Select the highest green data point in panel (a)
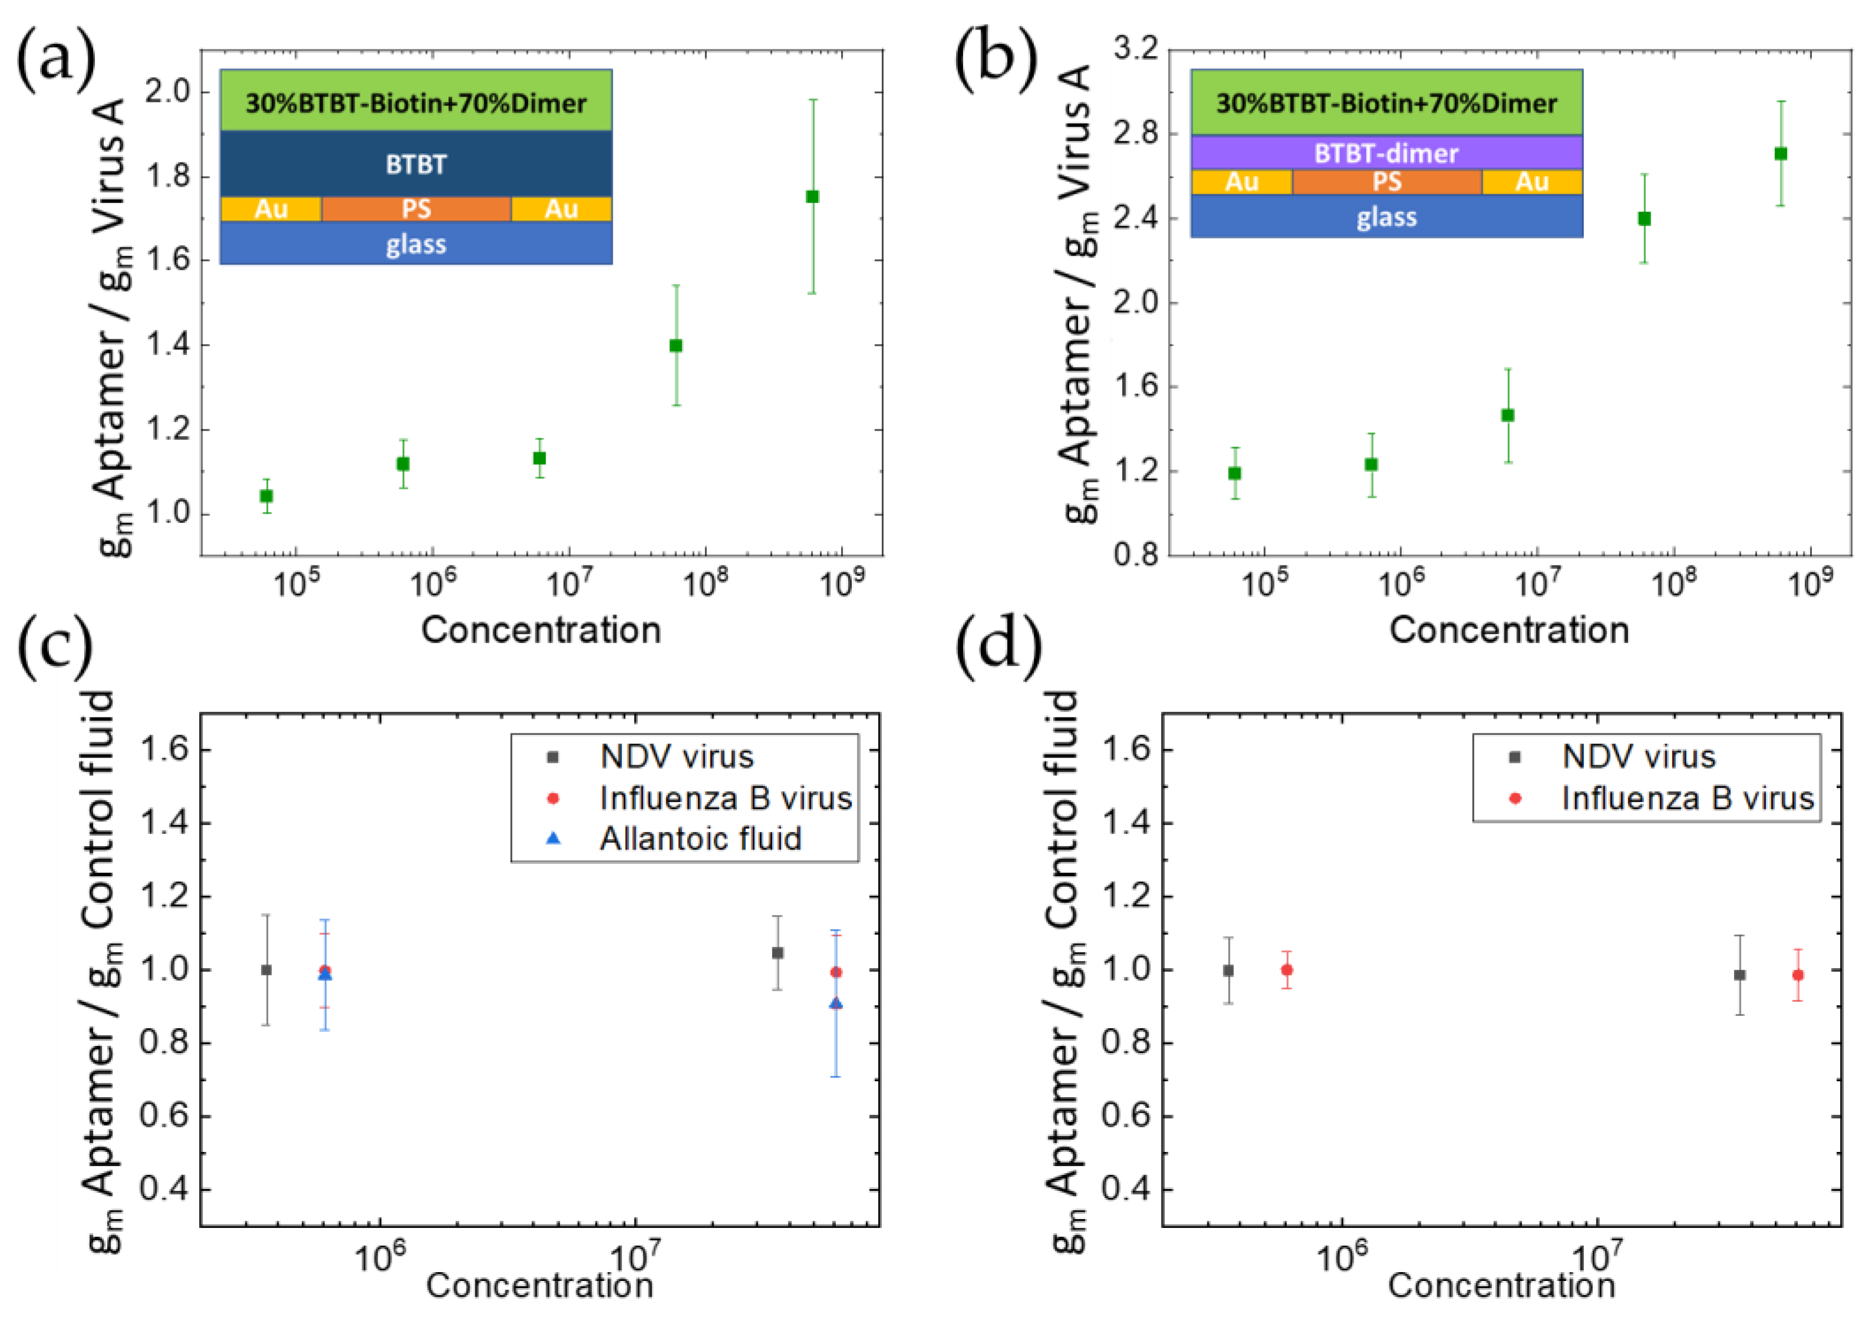click(x=812, y=197)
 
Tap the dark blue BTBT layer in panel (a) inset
click(x=416, y=164)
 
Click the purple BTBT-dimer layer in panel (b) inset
click(x=1386, y=153)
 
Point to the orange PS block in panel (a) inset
click(x=416, y=208)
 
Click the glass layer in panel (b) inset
click(x=1386, y=217)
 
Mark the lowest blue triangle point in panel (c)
click(x=836, y=1004)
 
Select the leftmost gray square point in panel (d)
click(x=1228, y=971)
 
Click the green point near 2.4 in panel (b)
click(x=1645, y=218)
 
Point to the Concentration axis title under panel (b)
click(x=1509, y=630)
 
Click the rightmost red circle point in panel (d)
click(x=1798, y=975)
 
